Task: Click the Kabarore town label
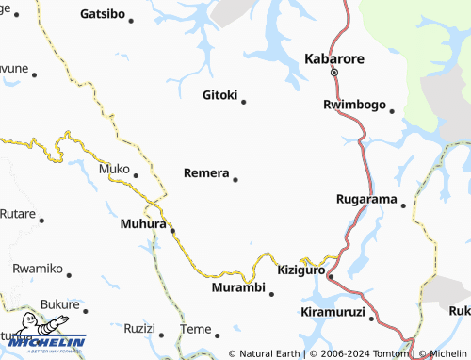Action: point(333,58)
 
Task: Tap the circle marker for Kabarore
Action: point(333,72)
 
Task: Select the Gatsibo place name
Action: point(103,14)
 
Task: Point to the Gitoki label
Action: point(221,94)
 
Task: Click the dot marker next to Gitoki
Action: point(244,102)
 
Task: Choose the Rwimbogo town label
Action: point(354,104)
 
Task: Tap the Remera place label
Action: point(206,173)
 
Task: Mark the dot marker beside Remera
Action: point(235,179)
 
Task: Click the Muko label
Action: point(113,170)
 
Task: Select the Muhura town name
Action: point(143,224)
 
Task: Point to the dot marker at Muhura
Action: point(172,228)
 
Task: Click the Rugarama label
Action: point(366,199)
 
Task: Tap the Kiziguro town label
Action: point(301,270)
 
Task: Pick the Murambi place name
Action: point(238,286)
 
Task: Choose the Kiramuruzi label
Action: point(333,312)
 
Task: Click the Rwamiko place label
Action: point(37,269)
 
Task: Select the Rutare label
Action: point(17,213)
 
